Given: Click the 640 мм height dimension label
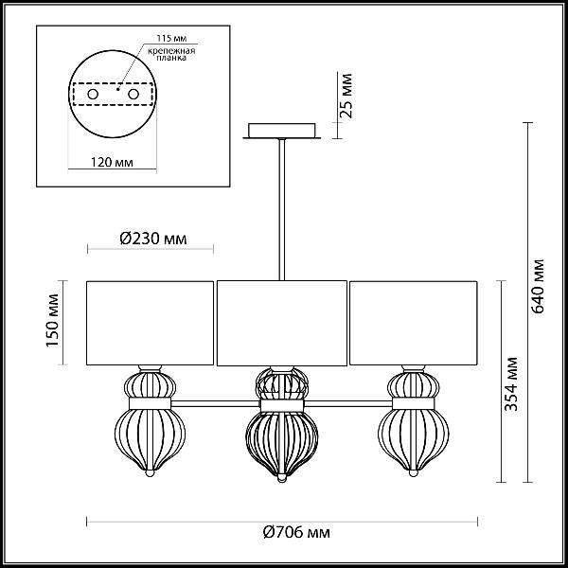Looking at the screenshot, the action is point(538,286).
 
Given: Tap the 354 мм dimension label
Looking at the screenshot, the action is point(511,384).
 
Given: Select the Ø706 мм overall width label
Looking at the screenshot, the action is point(296,532).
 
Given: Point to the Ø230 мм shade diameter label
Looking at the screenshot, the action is point(153,239).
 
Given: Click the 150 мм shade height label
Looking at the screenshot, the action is point(52,320).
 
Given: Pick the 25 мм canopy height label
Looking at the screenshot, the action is point(346,96).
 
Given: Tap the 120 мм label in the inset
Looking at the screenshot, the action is point(112,162).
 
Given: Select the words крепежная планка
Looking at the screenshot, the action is point(171,54).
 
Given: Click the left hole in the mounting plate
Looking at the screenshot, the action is point(93,94).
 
